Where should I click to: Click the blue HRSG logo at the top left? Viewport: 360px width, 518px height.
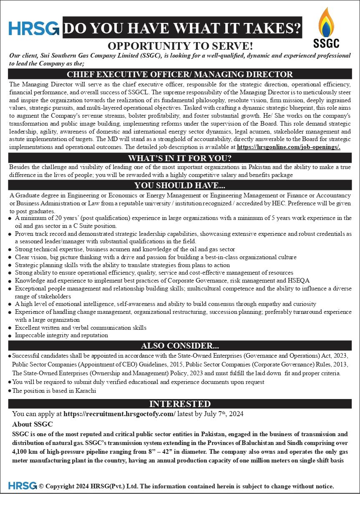34,28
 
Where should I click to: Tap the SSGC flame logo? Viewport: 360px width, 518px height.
326,22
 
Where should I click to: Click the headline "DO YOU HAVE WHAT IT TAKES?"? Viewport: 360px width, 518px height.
182,28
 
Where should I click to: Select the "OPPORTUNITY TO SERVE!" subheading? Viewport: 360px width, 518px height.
180,46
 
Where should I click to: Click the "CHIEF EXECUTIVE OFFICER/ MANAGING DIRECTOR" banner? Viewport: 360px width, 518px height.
180,75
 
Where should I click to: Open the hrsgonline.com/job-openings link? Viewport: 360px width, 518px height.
288,147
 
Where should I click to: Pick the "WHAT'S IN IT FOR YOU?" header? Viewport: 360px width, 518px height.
180,158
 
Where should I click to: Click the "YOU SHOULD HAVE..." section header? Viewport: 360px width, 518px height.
180,185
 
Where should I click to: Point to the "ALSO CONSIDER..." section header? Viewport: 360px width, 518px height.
180,346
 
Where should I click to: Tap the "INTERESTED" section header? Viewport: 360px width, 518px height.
180,404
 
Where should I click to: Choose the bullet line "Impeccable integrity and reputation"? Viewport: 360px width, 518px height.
62,335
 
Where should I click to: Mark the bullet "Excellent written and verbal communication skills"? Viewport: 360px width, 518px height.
81,328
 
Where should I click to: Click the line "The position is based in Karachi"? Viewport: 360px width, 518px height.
54,391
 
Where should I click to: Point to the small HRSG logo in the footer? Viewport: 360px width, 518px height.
23,486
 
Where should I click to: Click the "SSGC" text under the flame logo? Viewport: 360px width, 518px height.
326,43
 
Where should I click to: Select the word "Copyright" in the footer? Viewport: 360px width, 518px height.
60,486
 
